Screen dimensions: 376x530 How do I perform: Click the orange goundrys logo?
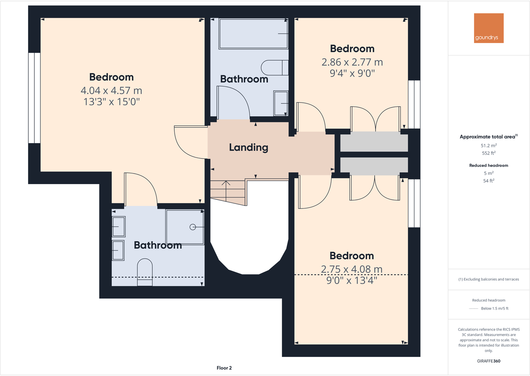(x=488, y=28)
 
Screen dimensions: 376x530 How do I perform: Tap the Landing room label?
(x=248, y=147)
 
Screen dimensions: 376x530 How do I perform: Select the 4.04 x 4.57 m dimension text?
(x=111, y=90)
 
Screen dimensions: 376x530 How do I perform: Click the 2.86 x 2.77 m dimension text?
(x=352, y=62)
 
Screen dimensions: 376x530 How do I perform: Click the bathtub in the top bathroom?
(x=253, y=34)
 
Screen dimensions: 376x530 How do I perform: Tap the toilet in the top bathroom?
(x=274, y=68)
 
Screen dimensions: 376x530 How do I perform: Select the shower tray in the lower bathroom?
(x=185, y=227)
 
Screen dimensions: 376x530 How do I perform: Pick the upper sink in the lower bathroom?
(x=118, y=227)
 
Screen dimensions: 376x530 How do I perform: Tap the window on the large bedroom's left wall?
(x=34, y=98)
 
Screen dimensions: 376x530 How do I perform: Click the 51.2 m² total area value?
(x=488, y=145)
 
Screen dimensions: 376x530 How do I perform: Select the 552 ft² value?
(x=488, y=153)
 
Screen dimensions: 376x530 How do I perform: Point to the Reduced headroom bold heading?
(x=488, y=165)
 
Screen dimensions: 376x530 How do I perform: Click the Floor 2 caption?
(x=224, y=368)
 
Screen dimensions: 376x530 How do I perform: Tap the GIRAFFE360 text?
(x=488, y=361)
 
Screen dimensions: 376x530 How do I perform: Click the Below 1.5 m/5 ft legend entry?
(x=494, y=308)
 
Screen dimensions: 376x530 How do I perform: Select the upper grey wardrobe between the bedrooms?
(x=374, y=143)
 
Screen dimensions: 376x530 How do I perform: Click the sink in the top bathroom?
(x=281, y=103)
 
